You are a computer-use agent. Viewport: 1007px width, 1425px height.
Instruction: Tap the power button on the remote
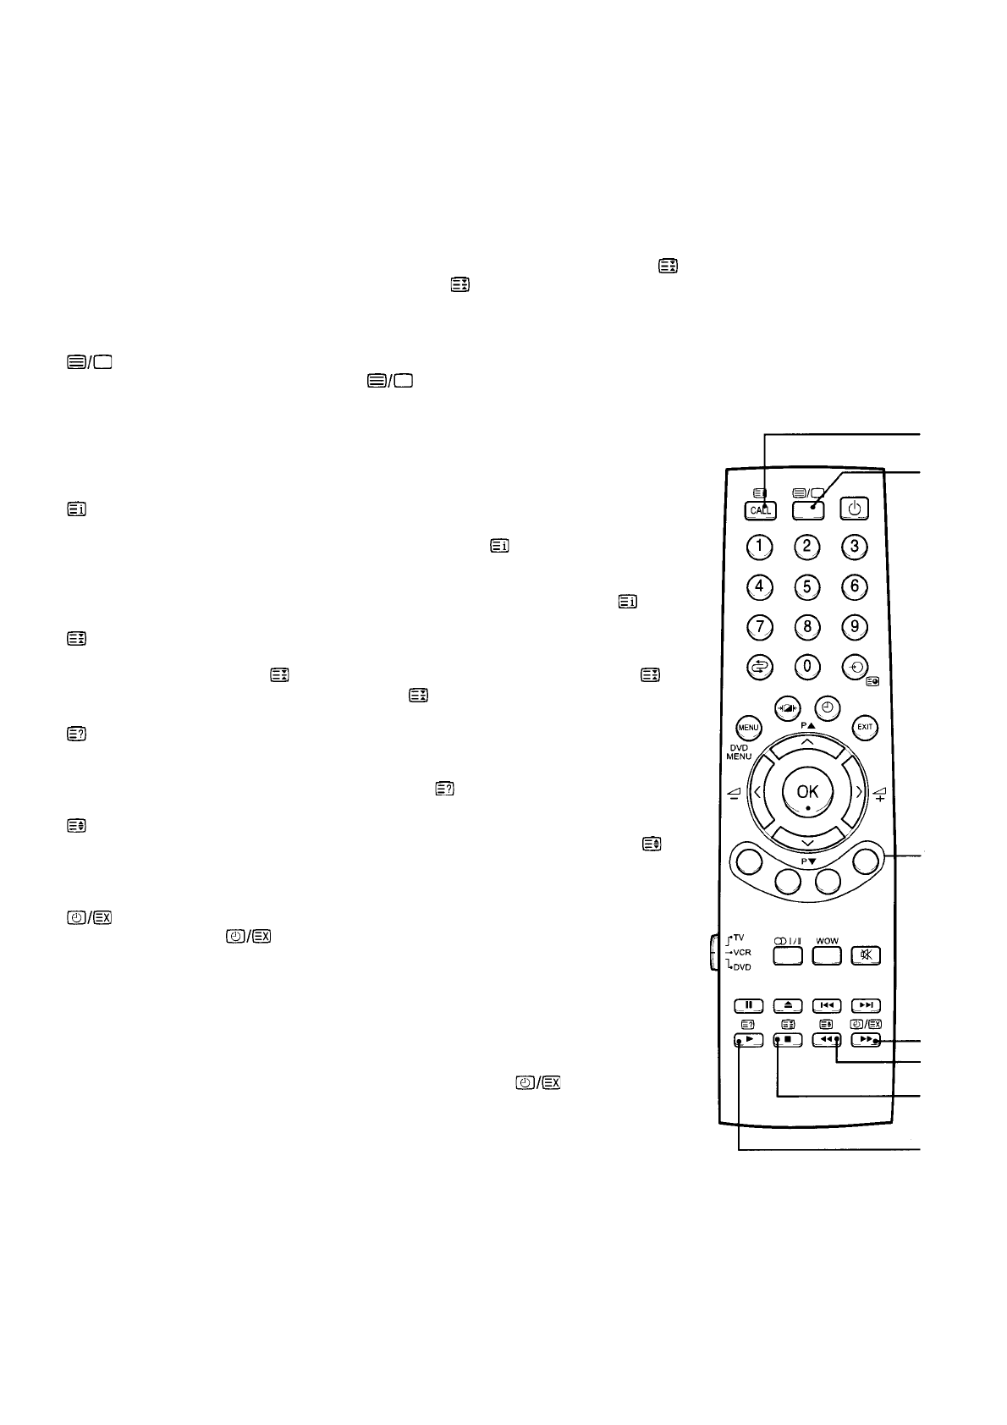click(x=854, y=509)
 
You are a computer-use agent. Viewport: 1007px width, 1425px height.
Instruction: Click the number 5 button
click(x=807, y=586)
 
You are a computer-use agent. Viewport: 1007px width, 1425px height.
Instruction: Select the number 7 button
click(x=760, y=626)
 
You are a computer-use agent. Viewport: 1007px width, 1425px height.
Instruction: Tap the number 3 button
click(x=855, y=546)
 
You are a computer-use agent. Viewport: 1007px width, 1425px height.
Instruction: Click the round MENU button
click(x=748, y=727)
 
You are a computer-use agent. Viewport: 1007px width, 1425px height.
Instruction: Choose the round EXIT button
click(x=865, y=727)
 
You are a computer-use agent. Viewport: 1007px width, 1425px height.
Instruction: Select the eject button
click(x=787, y=1005)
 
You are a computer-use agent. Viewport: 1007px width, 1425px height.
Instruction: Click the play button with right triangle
click(x=749, y=1040)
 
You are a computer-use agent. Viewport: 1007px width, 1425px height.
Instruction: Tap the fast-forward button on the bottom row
click(x=866, y=1040)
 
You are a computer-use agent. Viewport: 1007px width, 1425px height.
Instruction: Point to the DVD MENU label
click(x=738, y=751)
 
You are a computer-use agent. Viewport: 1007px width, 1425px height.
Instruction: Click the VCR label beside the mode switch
click(x=741, y=952)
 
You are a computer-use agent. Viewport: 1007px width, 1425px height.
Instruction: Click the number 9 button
click(x=855, y=626)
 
